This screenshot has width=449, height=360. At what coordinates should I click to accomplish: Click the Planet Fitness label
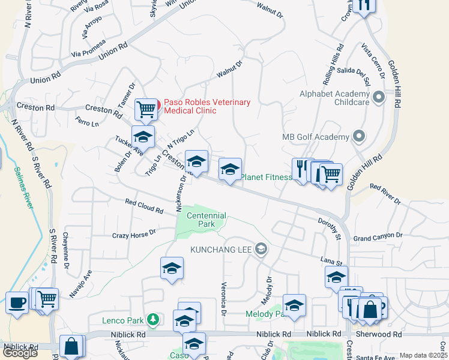pos(266,177)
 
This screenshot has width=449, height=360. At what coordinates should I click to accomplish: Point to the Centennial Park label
pos(206,220)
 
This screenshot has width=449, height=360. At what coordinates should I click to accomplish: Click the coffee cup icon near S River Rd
pos(17,302)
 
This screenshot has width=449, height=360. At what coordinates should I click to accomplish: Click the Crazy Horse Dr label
pos(134,233)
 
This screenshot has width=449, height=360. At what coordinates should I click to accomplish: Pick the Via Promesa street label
pos(88,48)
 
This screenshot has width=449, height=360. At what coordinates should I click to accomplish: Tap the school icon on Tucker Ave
pos(143,137)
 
